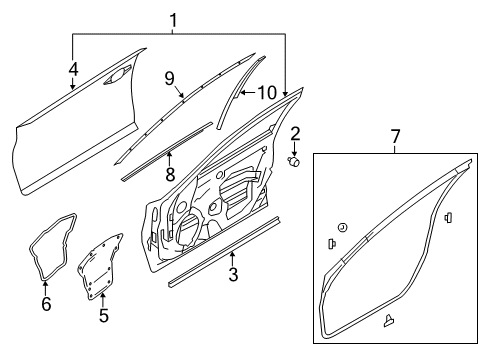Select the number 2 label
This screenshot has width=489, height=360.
point(295,133)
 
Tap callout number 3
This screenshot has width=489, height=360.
point(233,274)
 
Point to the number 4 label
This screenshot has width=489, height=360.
point(72,69)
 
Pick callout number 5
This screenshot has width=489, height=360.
point(103,316)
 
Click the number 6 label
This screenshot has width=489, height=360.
point(46,304)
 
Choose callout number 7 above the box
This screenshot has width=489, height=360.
point(395,135)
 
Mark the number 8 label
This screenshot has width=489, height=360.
point(169,173)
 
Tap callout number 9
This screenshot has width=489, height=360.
point(170,76)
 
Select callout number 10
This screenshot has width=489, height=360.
point(267,93)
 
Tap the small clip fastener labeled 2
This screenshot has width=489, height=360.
point(295,162)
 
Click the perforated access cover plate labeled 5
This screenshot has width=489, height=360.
point(101,265)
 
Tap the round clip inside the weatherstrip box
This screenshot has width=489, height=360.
point(343,229)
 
